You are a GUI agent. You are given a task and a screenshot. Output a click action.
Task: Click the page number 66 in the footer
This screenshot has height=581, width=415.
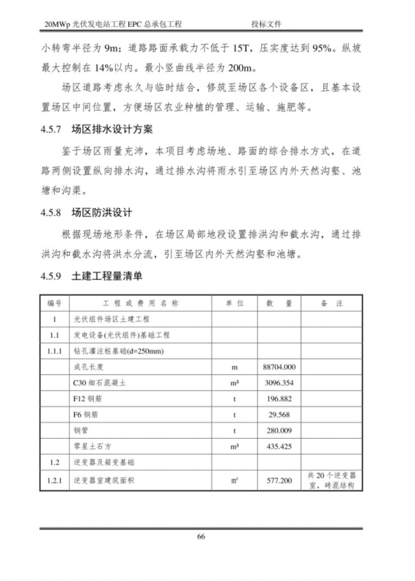(201, 536)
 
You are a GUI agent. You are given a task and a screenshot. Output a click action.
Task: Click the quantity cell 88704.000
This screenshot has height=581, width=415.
(279, 367)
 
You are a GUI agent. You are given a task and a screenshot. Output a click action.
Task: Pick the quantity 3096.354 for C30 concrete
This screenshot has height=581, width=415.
(279, 383)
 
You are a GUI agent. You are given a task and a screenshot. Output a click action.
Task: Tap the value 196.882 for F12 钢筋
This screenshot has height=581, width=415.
(279, 399)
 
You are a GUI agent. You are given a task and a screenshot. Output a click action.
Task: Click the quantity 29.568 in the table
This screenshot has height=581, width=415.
(279, 415)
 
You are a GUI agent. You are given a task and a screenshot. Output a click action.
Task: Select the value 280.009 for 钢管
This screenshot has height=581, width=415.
(279, 430)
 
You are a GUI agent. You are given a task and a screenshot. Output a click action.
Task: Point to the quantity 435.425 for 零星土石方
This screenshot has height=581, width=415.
(279, 446)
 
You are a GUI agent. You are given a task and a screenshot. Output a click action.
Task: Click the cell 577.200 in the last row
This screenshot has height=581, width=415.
(279, 480)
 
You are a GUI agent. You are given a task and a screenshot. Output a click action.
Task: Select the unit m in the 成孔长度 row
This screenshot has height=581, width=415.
(234, 367)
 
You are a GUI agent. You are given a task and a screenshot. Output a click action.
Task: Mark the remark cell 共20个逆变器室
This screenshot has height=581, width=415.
(331, 480)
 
